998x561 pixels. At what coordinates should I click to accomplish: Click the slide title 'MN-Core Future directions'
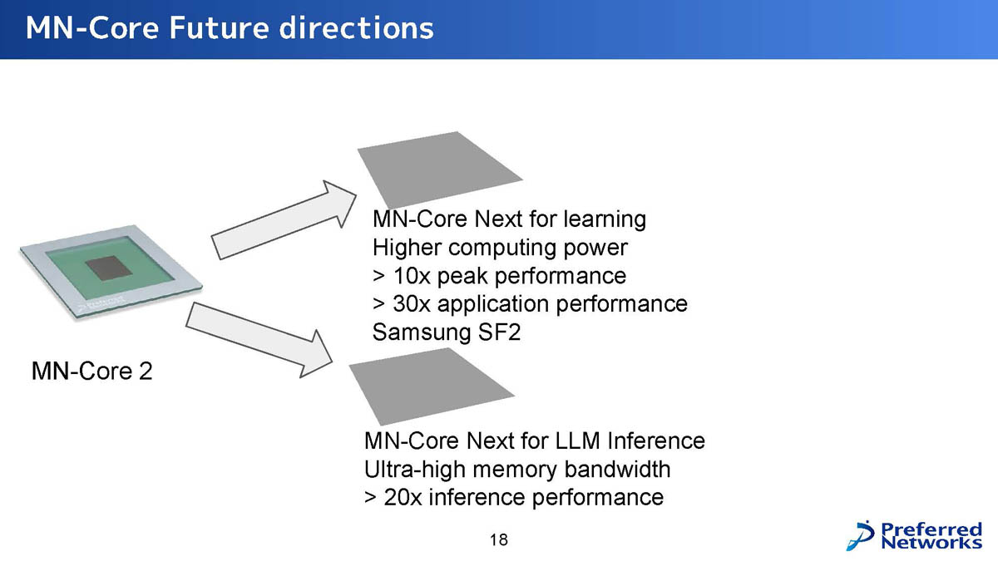pos(230,28)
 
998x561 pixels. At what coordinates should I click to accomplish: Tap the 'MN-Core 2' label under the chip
pos(91,371)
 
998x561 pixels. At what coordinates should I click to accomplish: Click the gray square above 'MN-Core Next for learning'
pos(437,170)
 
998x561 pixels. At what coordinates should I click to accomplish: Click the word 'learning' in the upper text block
pos(604,220)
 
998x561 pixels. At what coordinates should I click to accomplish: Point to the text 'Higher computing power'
pos(500,248)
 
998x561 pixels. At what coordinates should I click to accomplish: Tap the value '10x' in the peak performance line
pos(405,275)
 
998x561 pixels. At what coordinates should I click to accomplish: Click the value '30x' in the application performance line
pos(405,303)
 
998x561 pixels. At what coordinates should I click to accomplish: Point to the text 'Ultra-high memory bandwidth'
pos(517,470)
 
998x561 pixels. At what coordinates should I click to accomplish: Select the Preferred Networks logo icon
pos(862,534)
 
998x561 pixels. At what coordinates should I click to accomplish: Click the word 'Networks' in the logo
pos(931,543)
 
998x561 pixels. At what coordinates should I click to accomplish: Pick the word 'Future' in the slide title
pos(219,28)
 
